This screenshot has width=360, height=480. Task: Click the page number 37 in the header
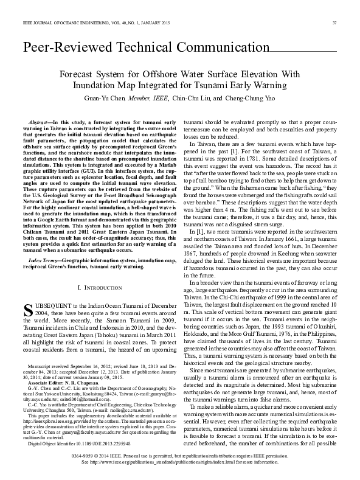(334, 23)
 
